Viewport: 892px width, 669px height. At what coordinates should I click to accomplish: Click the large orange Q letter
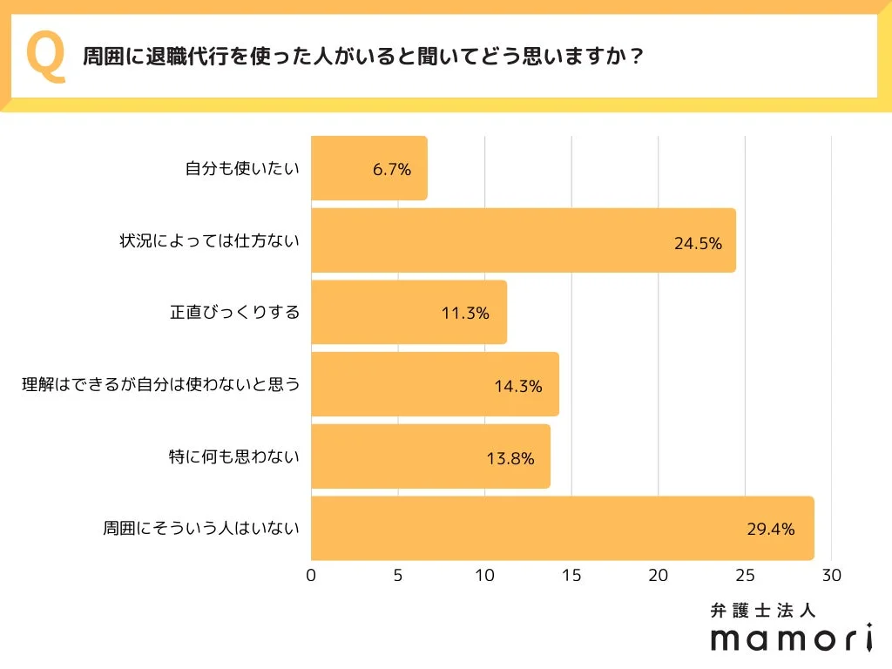46,56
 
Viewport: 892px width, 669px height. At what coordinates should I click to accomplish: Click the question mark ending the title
637,57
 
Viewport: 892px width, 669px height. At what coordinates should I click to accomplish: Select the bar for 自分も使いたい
368,169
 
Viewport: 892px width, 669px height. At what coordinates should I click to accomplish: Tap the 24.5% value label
698,243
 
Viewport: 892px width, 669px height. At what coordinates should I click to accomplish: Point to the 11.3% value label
465,313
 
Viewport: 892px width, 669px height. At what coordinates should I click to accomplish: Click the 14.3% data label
518,385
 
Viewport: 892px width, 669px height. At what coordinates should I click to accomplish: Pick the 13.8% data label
510,457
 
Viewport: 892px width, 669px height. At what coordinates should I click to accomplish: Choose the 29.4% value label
770,529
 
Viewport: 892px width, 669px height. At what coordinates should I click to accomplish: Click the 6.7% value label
391,170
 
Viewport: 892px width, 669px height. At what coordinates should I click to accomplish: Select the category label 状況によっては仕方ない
209,240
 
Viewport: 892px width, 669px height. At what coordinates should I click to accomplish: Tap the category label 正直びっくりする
234,312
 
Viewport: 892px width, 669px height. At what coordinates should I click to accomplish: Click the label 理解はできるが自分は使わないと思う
160,384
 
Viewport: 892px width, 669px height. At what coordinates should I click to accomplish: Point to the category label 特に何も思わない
233,456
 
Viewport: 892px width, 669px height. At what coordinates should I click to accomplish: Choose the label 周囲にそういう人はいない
201,528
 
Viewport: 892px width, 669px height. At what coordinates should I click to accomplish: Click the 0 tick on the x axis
311,576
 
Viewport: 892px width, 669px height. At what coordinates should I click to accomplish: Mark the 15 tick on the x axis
571,576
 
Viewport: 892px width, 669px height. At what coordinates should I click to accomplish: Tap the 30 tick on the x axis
832,576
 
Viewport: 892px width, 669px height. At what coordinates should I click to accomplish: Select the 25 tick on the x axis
745,576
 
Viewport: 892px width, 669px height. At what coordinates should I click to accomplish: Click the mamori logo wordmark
791,639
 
